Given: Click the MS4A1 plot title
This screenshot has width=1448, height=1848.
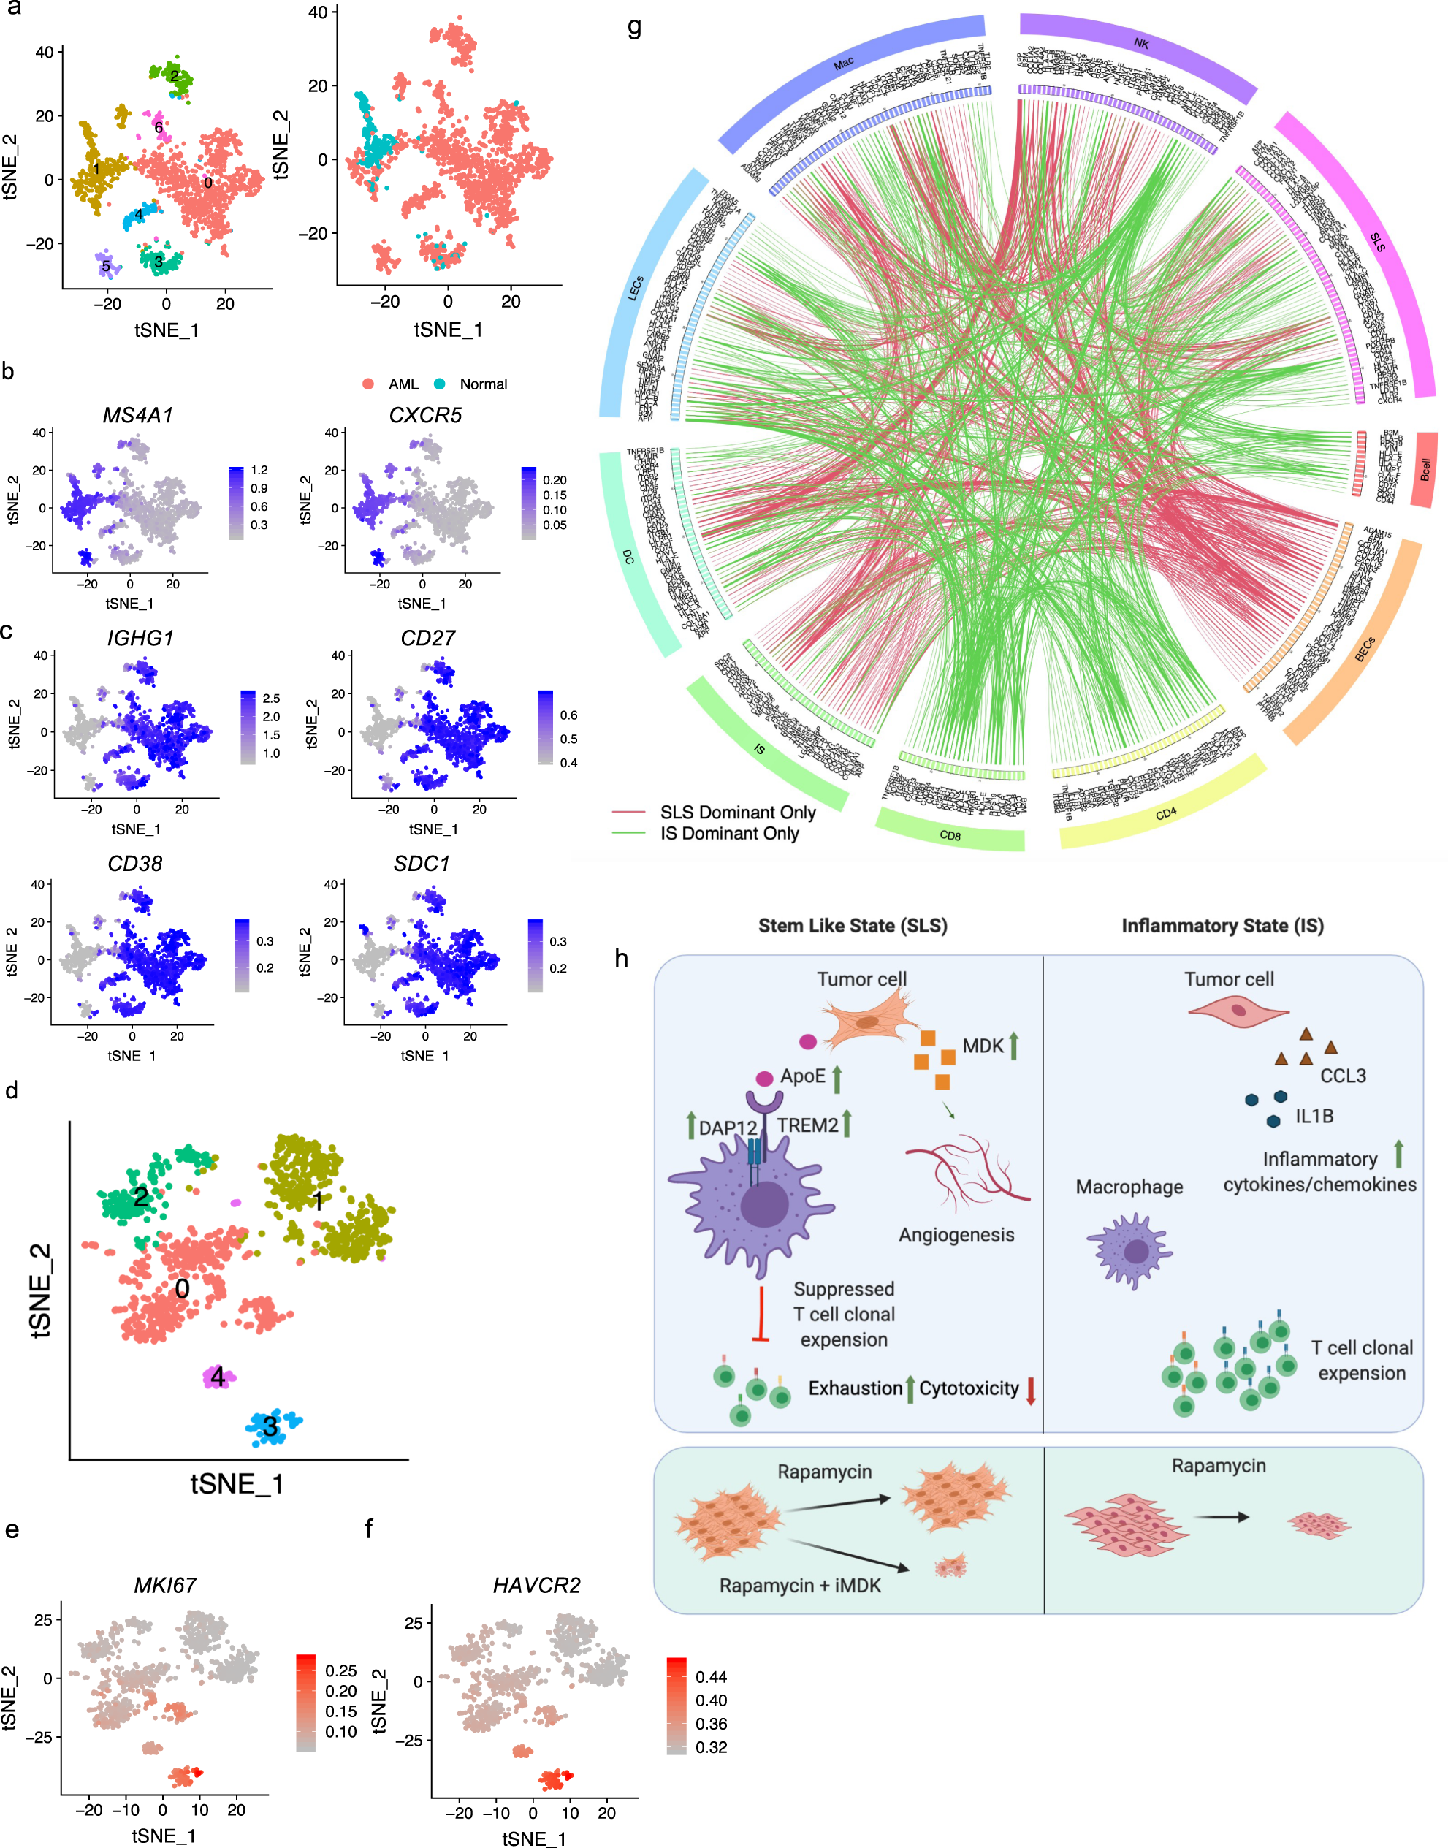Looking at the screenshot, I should (x=137, y=415).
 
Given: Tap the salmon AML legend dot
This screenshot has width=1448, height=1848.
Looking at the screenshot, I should (x=368, y=384).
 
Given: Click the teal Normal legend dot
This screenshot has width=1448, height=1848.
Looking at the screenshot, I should (x=439, y=384).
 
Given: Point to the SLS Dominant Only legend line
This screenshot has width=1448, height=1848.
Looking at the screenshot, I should (x=628, y=812).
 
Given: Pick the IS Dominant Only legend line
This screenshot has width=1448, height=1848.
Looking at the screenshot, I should (x=628, y=833).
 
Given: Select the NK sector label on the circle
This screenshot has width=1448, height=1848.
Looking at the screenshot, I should (x=1141, y=43).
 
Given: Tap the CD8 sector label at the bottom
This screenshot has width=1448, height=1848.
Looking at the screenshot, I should (x=950, y=836).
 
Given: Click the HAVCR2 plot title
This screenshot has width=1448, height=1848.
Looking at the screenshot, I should (x=537, y=1585).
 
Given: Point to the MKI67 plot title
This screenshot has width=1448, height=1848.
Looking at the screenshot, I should (x=165, y=1585).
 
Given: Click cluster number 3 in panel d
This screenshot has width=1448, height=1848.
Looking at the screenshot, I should (x=270, y=1426).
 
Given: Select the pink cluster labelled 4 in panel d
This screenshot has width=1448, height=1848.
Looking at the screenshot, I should (x=218, y=1377).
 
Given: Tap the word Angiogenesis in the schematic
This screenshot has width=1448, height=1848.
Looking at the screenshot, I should (x=956, y=1234).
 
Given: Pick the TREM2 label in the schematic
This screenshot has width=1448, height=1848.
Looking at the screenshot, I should (x=807, y=1125).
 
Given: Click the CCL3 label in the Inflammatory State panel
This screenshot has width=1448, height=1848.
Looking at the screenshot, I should (x=1343, y=1076).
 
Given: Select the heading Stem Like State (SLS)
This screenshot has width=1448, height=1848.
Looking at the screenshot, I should (x=852, y=926).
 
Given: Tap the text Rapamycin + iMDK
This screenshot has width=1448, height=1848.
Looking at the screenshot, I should (x=799, y=1585).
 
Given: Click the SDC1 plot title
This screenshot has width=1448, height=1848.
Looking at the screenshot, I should (x=422, y=864).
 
